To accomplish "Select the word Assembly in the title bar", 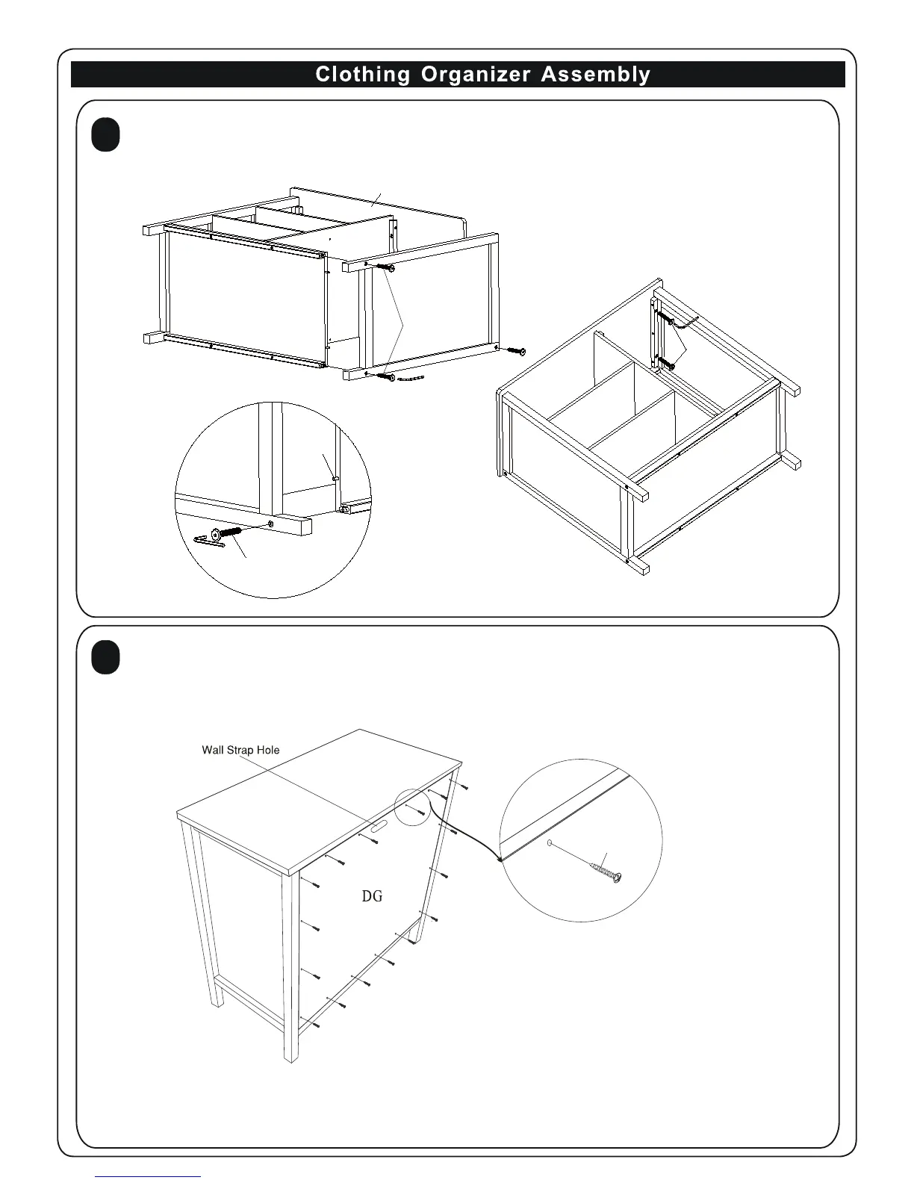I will (x=595, y=75).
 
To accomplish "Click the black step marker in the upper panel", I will (x=106, y=136).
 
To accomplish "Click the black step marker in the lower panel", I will (x=106, y=658).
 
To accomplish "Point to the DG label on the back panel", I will (x=372, y=895).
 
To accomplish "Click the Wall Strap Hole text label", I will (x=240, y=750).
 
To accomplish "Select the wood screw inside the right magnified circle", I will (x=606, y=872).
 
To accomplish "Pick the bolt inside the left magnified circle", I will (x=225, y=533).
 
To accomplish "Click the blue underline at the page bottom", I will (x=148, y=1176).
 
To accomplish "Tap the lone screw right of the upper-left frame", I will (x=517, y=350).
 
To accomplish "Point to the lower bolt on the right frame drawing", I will (x=665, y=364).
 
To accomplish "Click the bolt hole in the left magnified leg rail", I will (x=270, y=525).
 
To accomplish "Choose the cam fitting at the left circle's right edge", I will (x=346, y=510).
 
